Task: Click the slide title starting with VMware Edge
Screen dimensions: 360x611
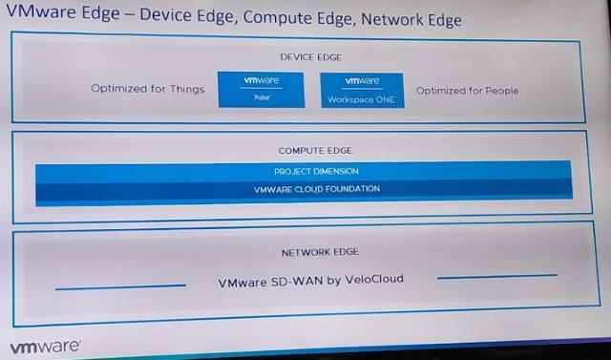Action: coord(234,18)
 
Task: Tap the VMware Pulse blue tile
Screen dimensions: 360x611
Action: coord(261,90)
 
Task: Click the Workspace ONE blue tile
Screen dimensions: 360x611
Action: coord(361,90)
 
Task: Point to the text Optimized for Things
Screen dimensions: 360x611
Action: coord(148,90)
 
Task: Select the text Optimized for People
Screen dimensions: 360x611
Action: coord(468,91)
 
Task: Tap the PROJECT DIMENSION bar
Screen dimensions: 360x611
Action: coord(304,171)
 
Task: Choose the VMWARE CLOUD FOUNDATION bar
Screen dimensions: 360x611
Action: coord(304,189)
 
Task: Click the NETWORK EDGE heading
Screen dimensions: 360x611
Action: coord(305,253)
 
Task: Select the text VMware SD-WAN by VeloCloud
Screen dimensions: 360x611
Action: coord(311,280)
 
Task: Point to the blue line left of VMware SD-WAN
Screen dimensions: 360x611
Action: coord(120,286)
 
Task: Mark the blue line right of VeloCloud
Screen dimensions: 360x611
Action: coord(496,276)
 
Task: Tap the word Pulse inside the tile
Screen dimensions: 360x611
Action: coord(261,97)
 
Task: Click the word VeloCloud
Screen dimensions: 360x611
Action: coord(375,280)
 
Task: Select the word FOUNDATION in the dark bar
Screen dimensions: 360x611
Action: coord(349,189)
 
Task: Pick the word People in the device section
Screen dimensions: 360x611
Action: coord(500,91)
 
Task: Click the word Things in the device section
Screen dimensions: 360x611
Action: coord(186,90)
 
